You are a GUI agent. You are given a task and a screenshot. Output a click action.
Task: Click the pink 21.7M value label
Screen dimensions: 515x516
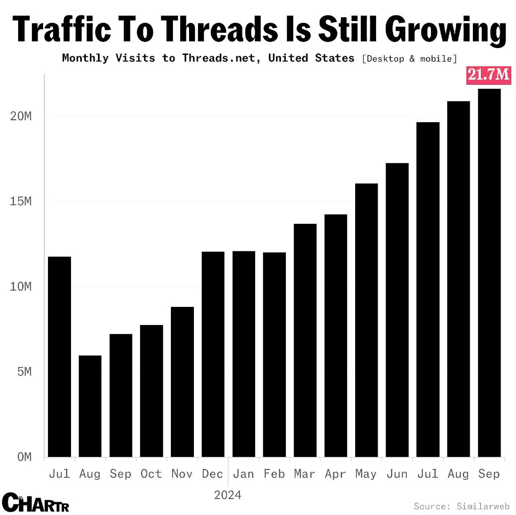(x=489, y=75)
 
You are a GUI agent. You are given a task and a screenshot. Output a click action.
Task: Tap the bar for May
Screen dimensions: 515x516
(x=366, y=320)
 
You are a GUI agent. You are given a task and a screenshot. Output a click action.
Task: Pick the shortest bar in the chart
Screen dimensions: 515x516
(x=90, y=406)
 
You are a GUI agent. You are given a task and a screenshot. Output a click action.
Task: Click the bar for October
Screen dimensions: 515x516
(x=152, y=391)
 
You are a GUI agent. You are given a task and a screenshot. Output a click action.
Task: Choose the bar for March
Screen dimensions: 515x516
(x=305, y=340)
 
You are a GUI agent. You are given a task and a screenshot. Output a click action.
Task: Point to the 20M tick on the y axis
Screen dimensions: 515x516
(x=21, y=117)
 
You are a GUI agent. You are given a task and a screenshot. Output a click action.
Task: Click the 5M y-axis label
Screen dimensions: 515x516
(x=24, y=372)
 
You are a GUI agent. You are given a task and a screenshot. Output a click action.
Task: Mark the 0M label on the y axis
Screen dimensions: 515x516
(x=24, y=457)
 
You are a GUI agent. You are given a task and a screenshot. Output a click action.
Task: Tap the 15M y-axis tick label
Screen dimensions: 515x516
(x=21, y=202)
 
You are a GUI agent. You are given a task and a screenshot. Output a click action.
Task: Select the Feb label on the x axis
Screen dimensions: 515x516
(x=274, y=474)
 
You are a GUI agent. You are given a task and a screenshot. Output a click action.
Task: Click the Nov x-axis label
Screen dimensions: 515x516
(x=182, y=474)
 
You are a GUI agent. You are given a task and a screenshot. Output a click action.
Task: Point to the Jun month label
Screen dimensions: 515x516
(x=397, y=474)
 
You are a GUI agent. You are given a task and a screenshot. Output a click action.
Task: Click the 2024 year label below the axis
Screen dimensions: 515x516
(x=228, y=495)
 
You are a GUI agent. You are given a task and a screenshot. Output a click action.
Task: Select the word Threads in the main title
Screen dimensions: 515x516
(x=221, y=29)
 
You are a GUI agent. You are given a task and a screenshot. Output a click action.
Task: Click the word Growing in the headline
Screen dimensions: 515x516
(x=446, y=29)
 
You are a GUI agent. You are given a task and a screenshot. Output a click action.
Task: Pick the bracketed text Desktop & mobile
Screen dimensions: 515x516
(x=410, y=59)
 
